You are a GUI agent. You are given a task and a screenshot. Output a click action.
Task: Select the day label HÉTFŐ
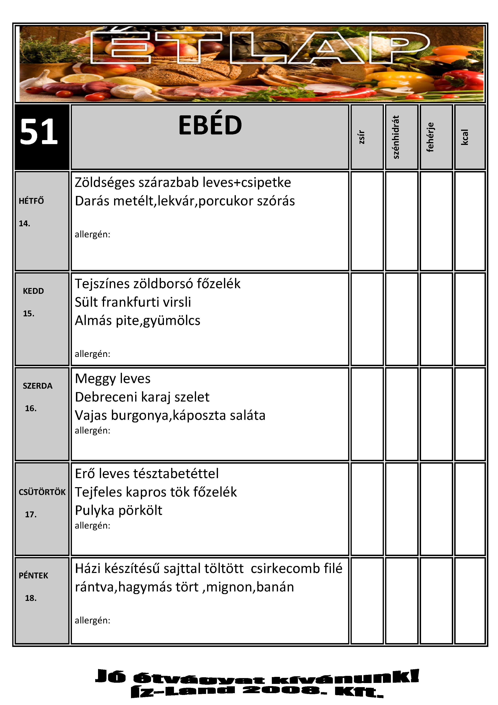pyautogui.click(x=31, y=201)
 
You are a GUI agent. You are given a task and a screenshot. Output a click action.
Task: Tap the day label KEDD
pyautogui.click(x=33, y=291)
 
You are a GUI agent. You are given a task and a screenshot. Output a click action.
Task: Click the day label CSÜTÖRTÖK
pyautogui.click(x=42, y=492)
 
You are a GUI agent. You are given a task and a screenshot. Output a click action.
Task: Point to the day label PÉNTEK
pyautogui.click(x=33, y=576)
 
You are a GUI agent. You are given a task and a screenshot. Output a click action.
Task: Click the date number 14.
pyautogui.click(x=25, y=223)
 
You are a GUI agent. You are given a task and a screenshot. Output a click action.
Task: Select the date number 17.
pyautogui.click(x=31, y=515)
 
